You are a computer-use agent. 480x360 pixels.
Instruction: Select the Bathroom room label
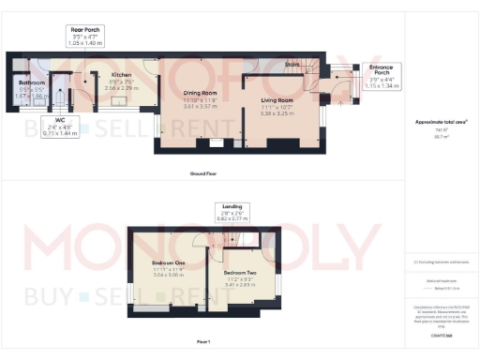31,82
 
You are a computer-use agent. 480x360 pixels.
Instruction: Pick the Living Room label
277,99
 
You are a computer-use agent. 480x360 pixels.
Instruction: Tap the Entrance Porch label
382,68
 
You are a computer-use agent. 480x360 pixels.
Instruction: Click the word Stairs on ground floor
294,65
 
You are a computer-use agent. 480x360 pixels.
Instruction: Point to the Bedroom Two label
242,273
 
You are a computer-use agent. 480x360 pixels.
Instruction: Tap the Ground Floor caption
203,173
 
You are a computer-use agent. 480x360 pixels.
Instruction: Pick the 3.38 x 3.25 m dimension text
277,112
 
